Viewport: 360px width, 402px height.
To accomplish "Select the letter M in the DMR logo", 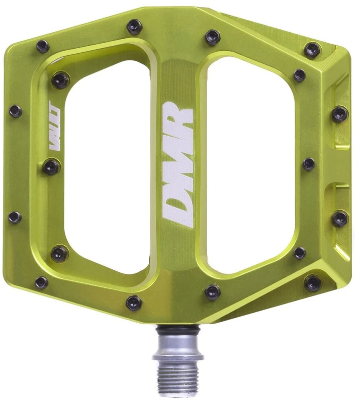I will click(x=178, y=161).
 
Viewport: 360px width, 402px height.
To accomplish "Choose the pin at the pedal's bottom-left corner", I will click(x=42, y=282).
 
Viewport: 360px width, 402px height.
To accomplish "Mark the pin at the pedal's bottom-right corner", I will click(x=313, y=282).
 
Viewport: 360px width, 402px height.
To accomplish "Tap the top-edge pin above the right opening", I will click(x=213, y=37).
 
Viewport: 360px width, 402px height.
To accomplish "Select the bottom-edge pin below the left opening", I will click(x=134, y=302).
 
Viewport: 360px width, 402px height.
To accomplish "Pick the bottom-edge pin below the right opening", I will click(x=213, y=292).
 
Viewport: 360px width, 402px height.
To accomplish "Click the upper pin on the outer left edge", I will click(x=16, y=111).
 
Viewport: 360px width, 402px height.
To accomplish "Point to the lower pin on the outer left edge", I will click(x=15, y=218).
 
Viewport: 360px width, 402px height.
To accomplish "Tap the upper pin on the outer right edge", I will click(x=340, y=114).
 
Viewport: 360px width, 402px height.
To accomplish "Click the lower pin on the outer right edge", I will click(x=340, y=218).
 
